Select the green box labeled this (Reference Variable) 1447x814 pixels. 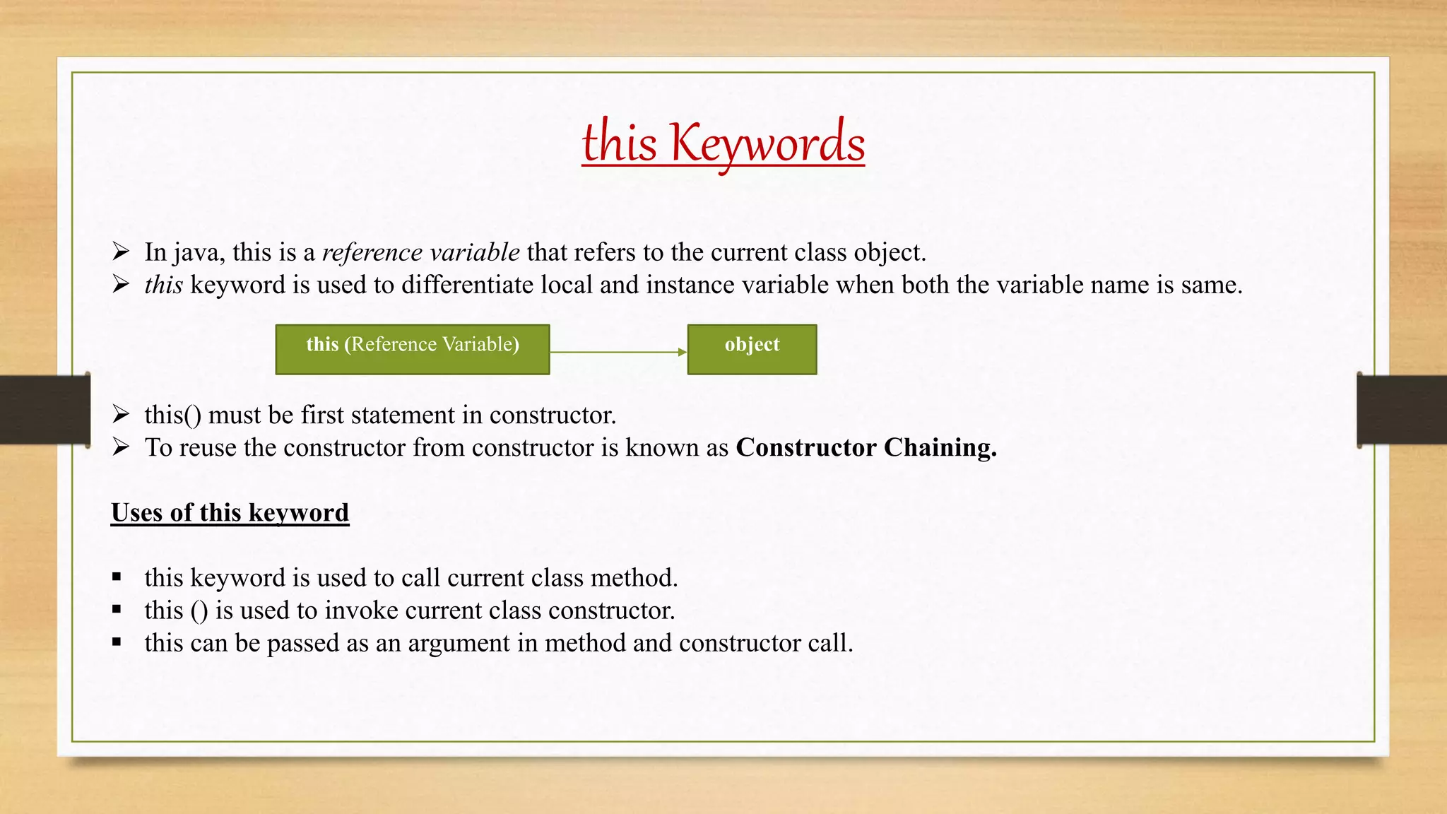point(412,349)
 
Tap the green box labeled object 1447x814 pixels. point(752,349)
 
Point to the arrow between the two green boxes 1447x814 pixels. point(618,352)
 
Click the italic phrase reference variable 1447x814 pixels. point(420,252)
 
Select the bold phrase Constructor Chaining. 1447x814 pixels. point(866,447)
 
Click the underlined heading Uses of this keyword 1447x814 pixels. point(230,512)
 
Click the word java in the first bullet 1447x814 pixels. point(199,253)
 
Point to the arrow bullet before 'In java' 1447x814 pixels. point(121,252)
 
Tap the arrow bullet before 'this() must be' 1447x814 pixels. point(121,414)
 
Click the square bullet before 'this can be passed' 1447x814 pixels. point(117,642)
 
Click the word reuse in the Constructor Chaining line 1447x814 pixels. point(208,448)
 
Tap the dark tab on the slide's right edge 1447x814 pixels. point(1402,410)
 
